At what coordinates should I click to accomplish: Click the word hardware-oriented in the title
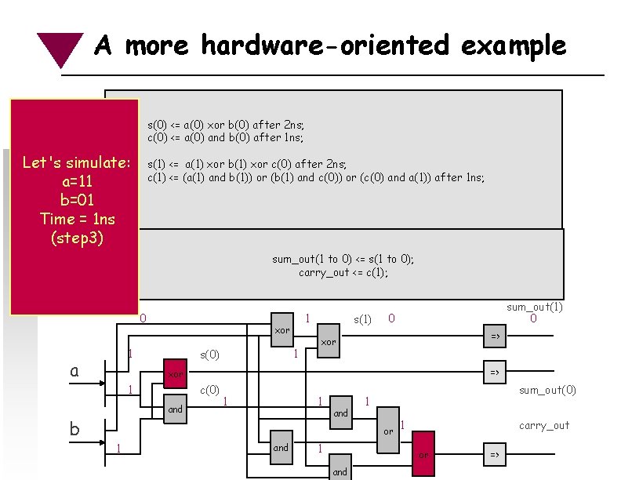pos(325,45)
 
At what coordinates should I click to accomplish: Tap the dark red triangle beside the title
pos(61,47)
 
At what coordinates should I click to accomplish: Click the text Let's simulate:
pos(75,163)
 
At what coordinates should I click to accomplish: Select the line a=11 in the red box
pos(75,181)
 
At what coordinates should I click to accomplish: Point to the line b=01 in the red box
pos(75,199)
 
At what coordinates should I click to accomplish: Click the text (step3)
pos(75,236)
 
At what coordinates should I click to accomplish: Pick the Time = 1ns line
pos(75,218)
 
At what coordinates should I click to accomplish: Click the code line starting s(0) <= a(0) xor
pos(226,125)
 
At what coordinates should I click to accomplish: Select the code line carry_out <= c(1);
pos(343,273)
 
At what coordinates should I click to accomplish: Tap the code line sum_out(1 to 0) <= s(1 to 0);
pos(343,260)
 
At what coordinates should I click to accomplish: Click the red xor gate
pos(176,374)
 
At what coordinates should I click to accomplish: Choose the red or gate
pos(423,453)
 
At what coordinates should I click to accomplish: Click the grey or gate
pos(388,431)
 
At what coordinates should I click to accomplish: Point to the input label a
pos(74,370)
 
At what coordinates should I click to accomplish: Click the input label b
pos(74,428)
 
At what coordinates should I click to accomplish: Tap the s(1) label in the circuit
pos(362,320)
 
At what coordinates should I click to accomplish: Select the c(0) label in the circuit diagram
pos(209,390)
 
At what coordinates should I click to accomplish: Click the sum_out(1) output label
pos(535,307)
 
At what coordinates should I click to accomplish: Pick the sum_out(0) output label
pos(547,390)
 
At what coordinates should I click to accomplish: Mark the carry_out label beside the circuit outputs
pos(544,426)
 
